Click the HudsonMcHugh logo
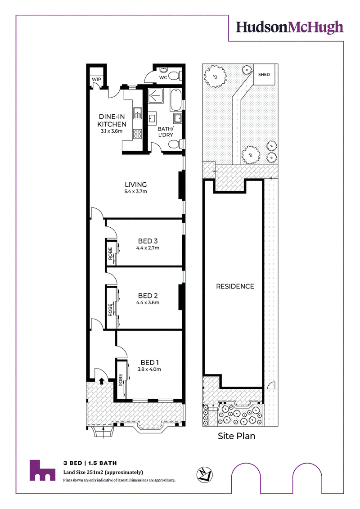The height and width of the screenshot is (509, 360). (x=289, y=27)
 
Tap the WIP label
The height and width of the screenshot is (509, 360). (x=96, y=79)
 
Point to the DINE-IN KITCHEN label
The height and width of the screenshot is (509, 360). (x=112, y=121)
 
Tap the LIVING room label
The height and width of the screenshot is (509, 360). (x=136, y=185)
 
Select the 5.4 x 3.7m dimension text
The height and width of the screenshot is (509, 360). (x=136, y=192)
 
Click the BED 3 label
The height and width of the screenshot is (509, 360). (x=148, y=241)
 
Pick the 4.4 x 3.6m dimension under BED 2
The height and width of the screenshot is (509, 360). (x=148, y=302)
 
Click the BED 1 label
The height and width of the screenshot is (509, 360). (x=149, y=362)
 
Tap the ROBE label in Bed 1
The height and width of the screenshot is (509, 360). (x=121, y=380)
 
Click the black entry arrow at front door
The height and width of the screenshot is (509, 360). (x=101, y=381)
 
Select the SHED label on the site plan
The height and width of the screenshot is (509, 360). (x=264, y=74)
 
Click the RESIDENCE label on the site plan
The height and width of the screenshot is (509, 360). (x=235, y=286)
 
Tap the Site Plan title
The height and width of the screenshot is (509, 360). (x=236, y=436)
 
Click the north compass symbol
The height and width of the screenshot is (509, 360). (x=204, y=474)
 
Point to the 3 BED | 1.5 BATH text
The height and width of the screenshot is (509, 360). (x=90, y=463)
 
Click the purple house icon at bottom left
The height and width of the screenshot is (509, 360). (x=42, y=470)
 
